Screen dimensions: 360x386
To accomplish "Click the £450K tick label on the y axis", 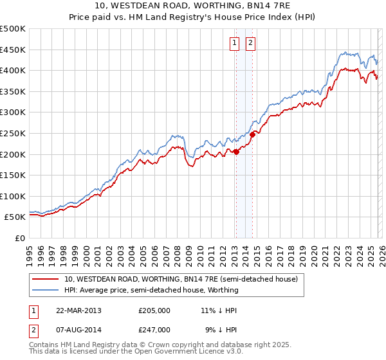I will click(x=13, y=50).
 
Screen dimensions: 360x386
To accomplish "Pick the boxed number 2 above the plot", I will click(x=250, y=44).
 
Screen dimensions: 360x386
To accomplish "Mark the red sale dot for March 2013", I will click(x=236, y=152).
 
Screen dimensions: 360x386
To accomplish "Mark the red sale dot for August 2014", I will click(x=252, y=134).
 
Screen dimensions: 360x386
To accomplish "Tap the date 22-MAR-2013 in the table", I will click(x=78, y=310).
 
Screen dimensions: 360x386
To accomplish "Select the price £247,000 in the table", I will click(x=154, y=329).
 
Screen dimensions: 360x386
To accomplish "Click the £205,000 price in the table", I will click(x=154, y=310).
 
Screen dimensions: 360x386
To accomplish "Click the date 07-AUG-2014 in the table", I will click(x=78, y=329).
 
